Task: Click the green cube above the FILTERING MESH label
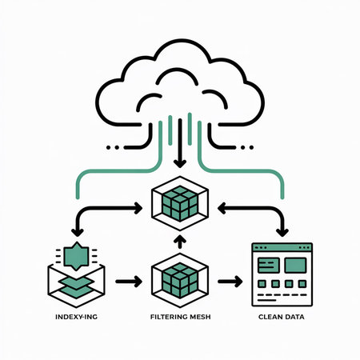click(x=180, y=280)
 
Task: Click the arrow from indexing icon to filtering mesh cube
click(x=128, y=282)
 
